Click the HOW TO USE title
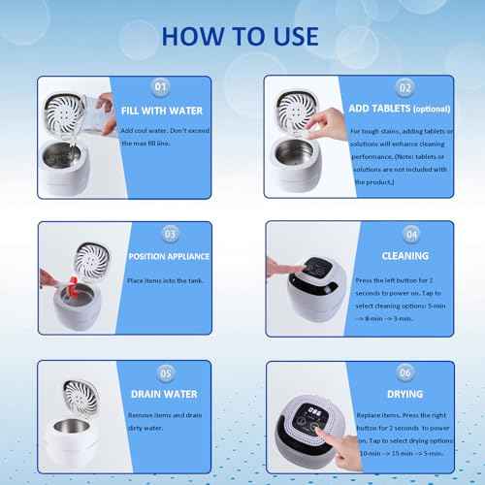click(241, 36)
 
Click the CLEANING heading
click(404, 257)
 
